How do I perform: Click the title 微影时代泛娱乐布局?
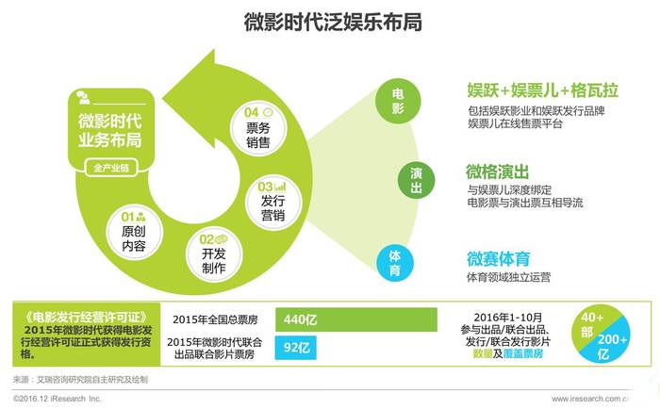[x=333, y=22]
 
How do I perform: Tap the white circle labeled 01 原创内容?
[x=134, y=232]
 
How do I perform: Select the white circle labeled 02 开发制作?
[x=213, y=255]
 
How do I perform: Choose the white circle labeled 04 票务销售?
[x=258, y=129]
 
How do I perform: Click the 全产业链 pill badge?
[x=111, y=168]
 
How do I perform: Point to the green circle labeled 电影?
[x=398, y=101]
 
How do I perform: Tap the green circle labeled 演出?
[x=416, y=180]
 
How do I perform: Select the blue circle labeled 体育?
[x=395, y=263]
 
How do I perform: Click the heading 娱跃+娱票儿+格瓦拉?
[x=542, y=90]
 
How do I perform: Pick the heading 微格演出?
[x=497, y=172]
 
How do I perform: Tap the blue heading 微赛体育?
[x=499, y=259]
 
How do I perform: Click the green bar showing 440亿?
[x=356, y=319]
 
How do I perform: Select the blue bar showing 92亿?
[x=295, y=348]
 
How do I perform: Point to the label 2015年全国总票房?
[x=215, y=319]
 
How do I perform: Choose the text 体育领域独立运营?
[x=508, y=277]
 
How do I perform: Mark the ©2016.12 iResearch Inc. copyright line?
[x=58, y=399]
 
